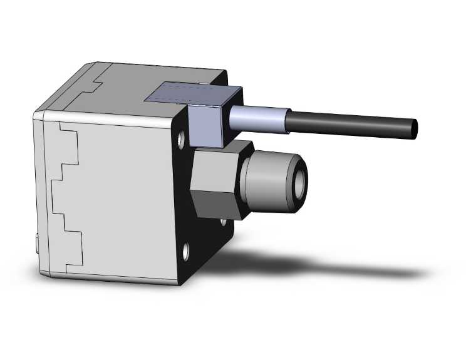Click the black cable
pos(351,123)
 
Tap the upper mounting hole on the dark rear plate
pos(181,138)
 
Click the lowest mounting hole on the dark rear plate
pos(187,254)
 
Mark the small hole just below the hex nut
pos(223,222)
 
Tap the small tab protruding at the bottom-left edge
pos(37,240)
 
